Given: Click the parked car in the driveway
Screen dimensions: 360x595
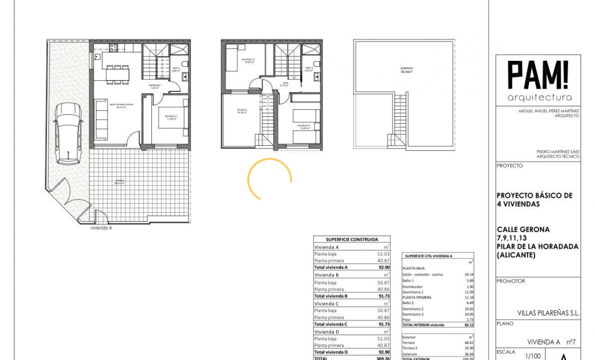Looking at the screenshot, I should (x=67, y=133).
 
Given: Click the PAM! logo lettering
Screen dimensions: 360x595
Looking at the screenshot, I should (x=538, y=75).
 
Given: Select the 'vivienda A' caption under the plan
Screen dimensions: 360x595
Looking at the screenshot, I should (x=101, y=228).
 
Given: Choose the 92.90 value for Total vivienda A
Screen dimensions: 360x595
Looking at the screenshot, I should (x=383, y=267).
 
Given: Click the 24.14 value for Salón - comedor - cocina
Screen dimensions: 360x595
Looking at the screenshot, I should (x=469, y=275).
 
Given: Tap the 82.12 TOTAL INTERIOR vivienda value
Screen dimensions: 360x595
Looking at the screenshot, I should (x=469, y=325).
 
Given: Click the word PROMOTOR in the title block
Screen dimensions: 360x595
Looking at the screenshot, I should (x=511, y=281).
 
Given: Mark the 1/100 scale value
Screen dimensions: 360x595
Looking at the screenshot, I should (x=533, y=355).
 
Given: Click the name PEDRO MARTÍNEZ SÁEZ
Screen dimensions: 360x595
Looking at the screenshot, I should (x=558, y=151).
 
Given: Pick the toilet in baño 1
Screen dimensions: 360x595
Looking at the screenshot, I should (x=184, y=64).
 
